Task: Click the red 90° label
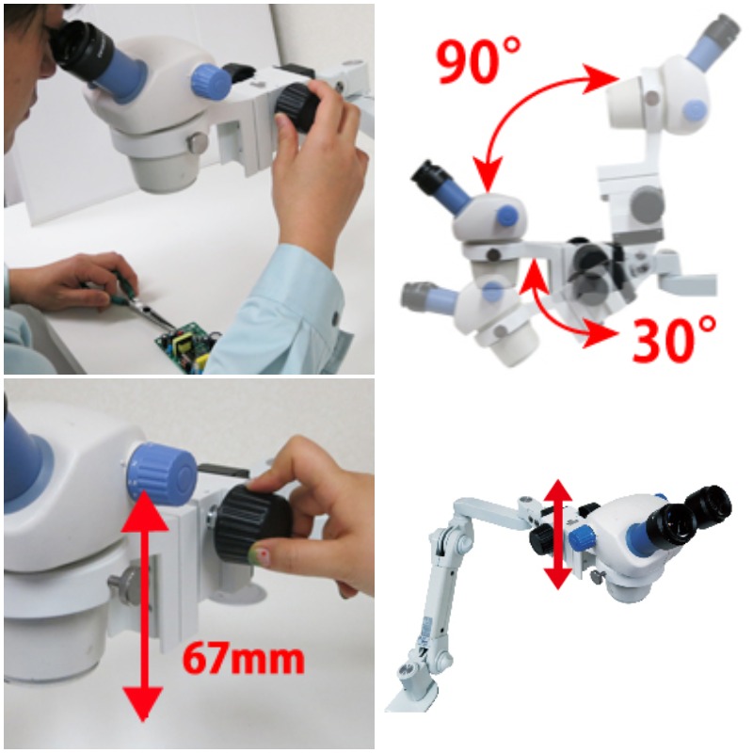pyautogui.click(x=479, y=60)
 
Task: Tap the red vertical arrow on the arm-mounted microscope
pyautogui.click(x=557, y=534)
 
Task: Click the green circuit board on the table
pyautogui.click(x=187, y=344)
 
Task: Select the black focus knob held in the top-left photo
pyautogui.click(x=297, y=107)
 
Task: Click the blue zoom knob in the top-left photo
pyautogui.click(x=211, y=81)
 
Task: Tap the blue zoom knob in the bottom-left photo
pyautogui.click(x=161, y=472)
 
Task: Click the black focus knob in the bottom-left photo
pyautogui.click(x=253, y=522)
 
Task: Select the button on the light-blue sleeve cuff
pyautogui.click(x=336, y=317)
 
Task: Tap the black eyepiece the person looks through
pyautogui.click(x=82, y=46)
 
